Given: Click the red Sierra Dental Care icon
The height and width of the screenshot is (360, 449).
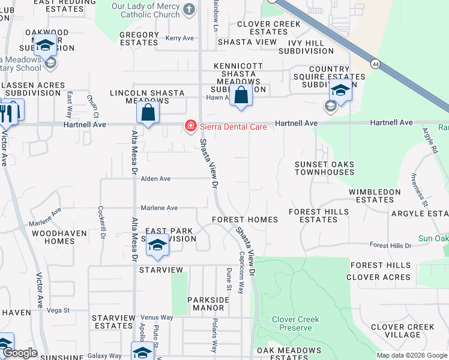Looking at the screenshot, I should (190, 125).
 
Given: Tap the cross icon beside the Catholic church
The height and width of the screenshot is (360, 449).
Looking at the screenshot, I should (189, 8).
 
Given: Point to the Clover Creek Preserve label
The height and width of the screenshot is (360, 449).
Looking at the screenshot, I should (295, 323).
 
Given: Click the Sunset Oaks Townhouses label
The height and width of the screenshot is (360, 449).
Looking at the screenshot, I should (324, 168).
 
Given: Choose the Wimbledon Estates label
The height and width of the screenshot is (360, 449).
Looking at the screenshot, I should (379, 196).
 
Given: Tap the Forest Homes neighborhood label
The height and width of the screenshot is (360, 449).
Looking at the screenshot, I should (244, 220).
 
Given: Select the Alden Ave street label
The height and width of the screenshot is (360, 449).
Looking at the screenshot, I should (156, 179).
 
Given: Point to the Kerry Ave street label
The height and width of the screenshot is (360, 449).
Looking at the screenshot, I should (180, 38).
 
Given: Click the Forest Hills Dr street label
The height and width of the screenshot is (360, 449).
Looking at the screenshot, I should (390, 245).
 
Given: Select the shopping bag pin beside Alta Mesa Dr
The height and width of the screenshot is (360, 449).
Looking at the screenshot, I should (148, 112).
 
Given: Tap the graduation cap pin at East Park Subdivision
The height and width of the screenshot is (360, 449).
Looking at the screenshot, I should (157, 246).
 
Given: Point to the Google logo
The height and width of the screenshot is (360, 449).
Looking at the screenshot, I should (20, 353).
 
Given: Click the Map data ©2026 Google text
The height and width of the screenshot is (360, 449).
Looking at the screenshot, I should (411, 355).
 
